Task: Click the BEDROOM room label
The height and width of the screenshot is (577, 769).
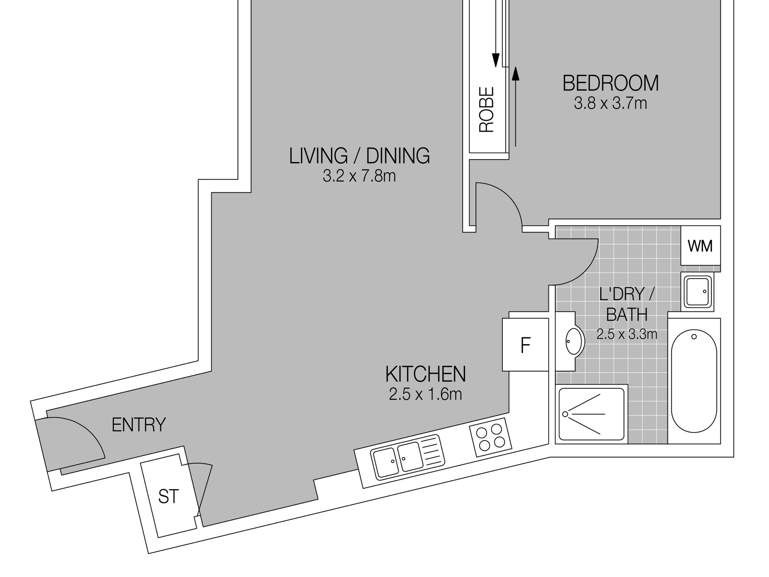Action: pos(610,83)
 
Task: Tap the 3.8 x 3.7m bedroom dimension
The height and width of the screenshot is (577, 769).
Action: pos(610,103)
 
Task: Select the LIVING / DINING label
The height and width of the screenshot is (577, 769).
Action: pos(359,156)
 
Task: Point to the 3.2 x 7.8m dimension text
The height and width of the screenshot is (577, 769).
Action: pos(359,176)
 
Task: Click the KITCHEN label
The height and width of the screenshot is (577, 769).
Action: pos(426,374)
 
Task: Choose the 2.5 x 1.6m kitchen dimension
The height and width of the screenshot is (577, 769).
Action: pos(425,394)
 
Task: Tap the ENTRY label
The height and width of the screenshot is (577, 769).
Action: pos(139,425)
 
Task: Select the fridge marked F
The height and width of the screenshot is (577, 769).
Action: pos(525,345)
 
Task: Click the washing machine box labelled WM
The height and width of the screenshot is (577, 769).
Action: pos(701,246)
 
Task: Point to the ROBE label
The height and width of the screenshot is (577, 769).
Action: pos(487,110)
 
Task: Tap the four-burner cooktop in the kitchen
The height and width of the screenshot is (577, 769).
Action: pos(491,438)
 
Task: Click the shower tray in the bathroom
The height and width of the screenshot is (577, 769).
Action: pos(591,414)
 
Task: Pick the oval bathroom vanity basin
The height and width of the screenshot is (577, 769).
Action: pos(575,341)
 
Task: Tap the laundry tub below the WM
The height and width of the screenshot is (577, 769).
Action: pos(697,291)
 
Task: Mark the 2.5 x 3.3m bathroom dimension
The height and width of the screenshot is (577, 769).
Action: pos(627,334)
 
